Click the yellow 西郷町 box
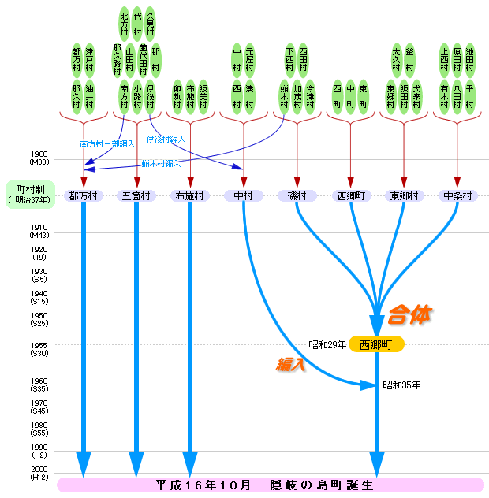(x=376, y=344)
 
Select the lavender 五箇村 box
(x=136, y=195)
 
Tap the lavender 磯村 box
(x=297, y=195)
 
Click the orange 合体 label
(x=409, y=315)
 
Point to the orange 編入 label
(x=290, y=364)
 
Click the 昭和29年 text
(x=327, y=344)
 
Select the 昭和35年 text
(x=401, y=385)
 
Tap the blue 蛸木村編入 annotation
(x=161, y=163)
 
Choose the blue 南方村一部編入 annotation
(x=108, y=144)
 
